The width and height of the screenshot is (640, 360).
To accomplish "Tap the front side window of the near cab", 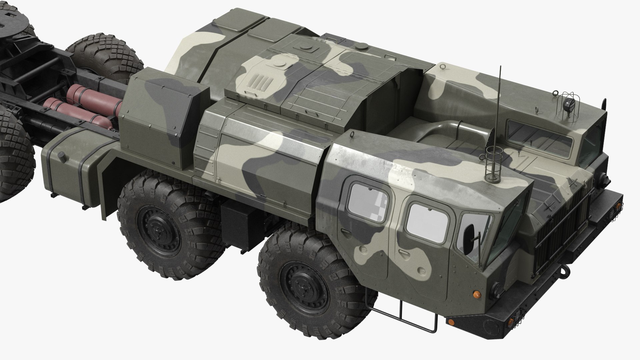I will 427,220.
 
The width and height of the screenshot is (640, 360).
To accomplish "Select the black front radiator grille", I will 563,227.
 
